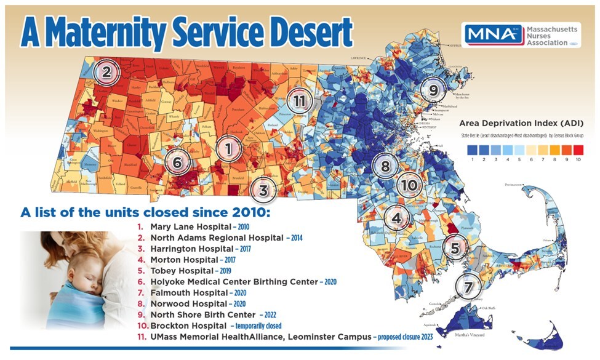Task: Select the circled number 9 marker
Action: coord(433,90)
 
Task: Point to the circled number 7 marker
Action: coord(469,287)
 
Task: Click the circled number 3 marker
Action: coord(263,190)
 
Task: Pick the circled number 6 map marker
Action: coord(177,163)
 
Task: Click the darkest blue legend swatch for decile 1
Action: coord(473,149)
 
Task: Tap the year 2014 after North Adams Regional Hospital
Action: coord(294,238)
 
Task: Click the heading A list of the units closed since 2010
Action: coord(145,212)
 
